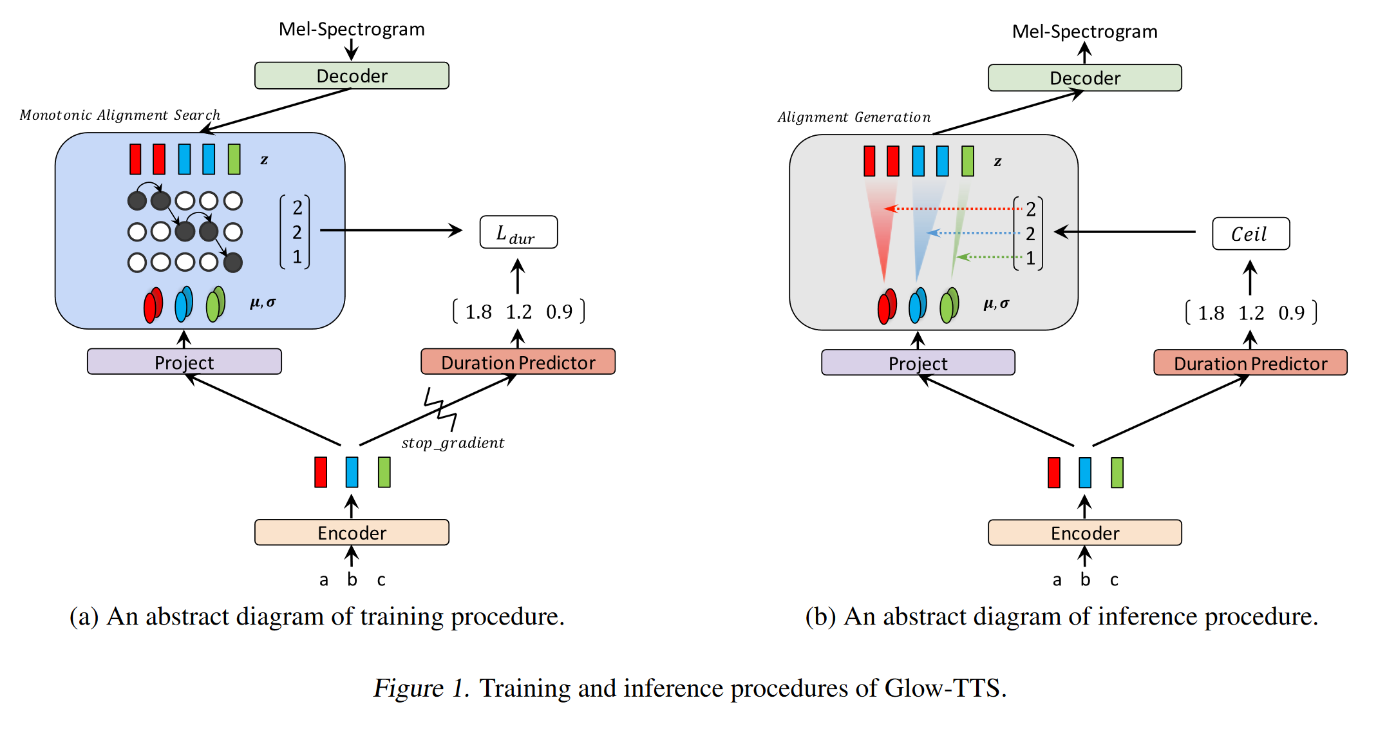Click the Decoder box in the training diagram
[352, 76]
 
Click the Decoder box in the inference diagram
[1084, 78]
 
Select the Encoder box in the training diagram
[352, 533]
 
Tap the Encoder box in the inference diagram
[1084, 533]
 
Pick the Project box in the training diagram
[184, 362]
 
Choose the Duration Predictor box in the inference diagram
[1250, 363]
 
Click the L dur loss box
[518, 232]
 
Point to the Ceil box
[1250, 234]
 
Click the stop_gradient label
[453, 443]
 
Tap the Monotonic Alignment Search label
[120, 115]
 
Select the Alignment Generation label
[854, 117]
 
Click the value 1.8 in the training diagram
[478, 312]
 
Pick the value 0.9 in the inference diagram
[1291, 314]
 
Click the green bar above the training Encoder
[384, 472]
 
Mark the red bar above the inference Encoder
[1053, 473]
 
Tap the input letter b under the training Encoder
[352, 580]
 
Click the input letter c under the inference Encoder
[1114, 580]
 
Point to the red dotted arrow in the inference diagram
[953, 209]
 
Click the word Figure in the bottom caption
[408, 688]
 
